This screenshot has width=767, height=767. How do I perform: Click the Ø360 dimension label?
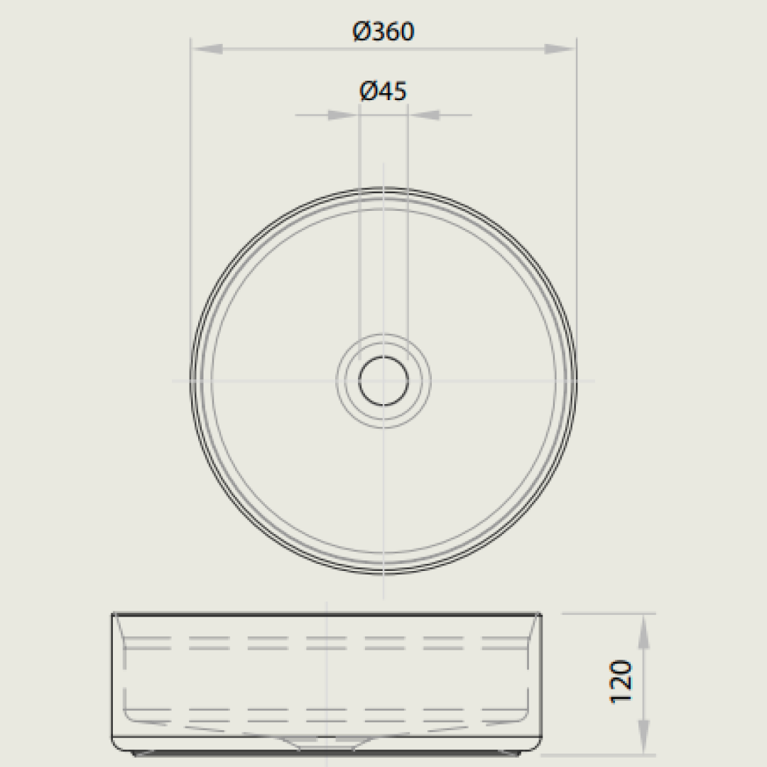click(383, 32)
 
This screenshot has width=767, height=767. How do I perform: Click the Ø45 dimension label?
click(383, 91)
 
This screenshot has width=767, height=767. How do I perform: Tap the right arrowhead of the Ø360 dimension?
click(560, 49)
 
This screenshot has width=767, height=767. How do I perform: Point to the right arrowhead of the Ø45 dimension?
click(424, 115)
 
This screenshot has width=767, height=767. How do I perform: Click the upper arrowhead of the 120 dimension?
click(643, 631)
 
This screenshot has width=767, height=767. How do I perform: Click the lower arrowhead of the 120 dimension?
click(643, 737)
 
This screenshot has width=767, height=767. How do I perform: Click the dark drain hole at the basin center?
click(383, 381)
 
